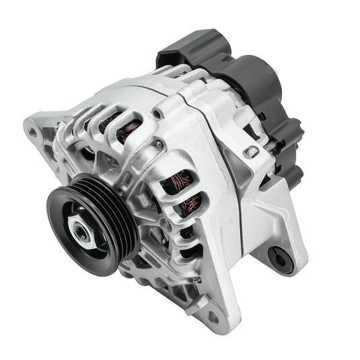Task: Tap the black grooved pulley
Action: (108, 215)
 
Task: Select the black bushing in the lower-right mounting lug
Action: (279, 255)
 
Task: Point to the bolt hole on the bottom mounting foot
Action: (214, 314)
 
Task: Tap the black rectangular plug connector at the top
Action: (195, 47)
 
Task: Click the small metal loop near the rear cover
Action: (252, 152)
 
